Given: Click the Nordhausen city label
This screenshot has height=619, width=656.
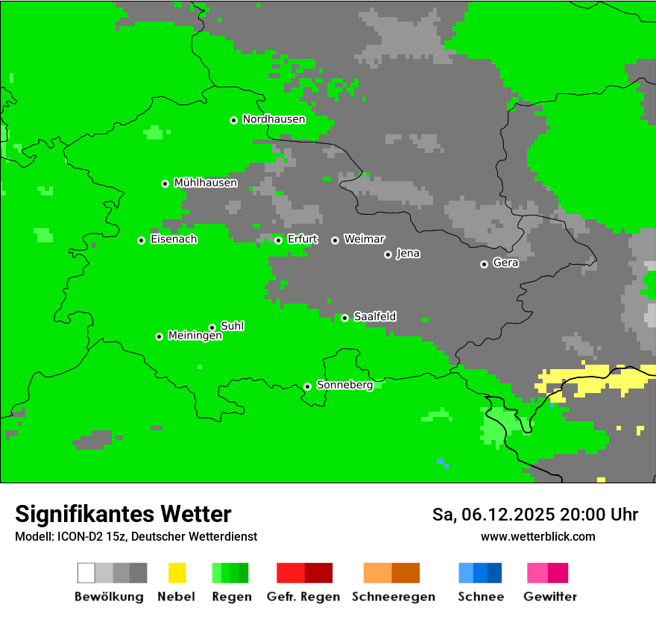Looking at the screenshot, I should (x=274, y=119).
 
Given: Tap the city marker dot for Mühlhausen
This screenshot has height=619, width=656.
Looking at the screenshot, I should (x=165, y=183).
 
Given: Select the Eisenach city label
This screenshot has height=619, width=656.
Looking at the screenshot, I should (x=174, y=239).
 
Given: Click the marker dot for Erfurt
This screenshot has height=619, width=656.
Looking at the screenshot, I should (x=278, y=240).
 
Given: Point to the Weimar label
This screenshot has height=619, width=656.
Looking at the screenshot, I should (x=364, y=239).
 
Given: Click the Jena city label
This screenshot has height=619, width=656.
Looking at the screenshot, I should (x=408, y=254).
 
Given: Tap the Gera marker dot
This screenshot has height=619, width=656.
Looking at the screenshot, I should (x=484, y=264).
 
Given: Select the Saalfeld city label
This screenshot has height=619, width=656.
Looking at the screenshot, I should (x=375, y=317).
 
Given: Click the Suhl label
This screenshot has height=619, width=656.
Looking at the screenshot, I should (x=233, y=326).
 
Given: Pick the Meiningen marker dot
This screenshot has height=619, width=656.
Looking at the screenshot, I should (x=159, y=336).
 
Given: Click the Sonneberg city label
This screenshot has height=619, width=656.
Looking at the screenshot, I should (x=344, y=385).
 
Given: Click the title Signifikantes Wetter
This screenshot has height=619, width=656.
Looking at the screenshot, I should (x=123, y=515).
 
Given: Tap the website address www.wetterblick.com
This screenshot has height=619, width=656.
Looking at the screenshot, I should (x=537, y=537).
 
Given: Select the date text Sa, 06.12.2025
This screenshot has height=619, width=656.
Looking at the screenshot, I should (x=493, y=515).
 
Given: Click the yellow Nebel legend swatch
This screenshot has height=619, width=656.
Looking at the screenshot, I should (x=177, y=573).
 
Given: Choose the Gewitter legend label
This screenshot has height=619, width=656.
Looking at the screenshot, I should (x=550, y=597).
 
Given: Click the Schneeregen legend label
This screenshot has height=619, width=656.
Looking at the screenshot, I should (x=393, y=597).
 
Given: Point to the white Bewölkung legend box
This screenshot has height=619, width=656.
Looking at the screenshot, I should (x=86, y=573).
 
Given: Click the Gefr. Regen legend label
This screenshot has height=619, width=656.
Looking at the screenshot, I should (x=303, y=597).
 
